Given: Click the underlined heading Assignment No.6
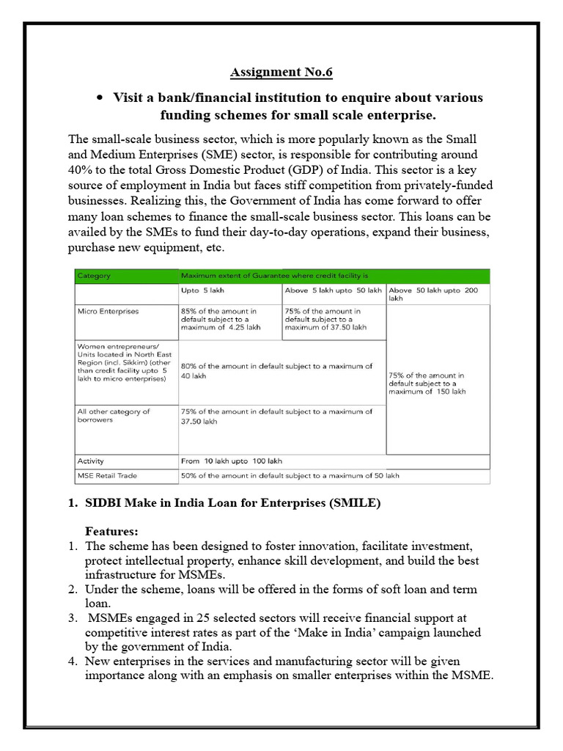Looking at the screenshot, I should (281, 72).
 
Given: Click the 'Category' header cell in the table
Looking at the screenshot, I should (94, 276).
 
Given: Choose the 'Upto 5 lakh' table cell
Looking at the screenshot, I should (202, 290).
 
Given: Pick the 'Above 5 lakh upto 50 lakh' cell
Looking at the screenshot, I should (333, 290).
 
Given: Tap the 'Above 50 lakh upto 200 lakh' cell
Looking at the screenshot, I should (436, 294).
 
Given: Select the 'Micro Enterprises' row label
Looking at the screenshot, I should (108, 311).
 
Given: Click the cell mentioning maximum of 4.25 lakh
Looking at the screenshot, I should (220, 319).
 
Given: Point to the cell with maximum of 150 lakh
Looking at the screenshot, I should (436, 383).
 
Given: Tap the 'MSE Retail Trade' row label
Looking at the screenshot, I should (107, 475).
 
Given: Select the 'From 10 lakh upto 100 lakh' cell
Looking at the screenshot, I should (231, 461).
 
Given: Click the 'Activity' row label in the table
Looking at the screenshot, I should (91, 461).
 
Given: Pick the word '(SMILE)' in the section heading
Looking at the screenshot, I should (356, 503).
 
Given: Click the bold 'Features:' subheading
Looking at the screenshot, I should (111, 530).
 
